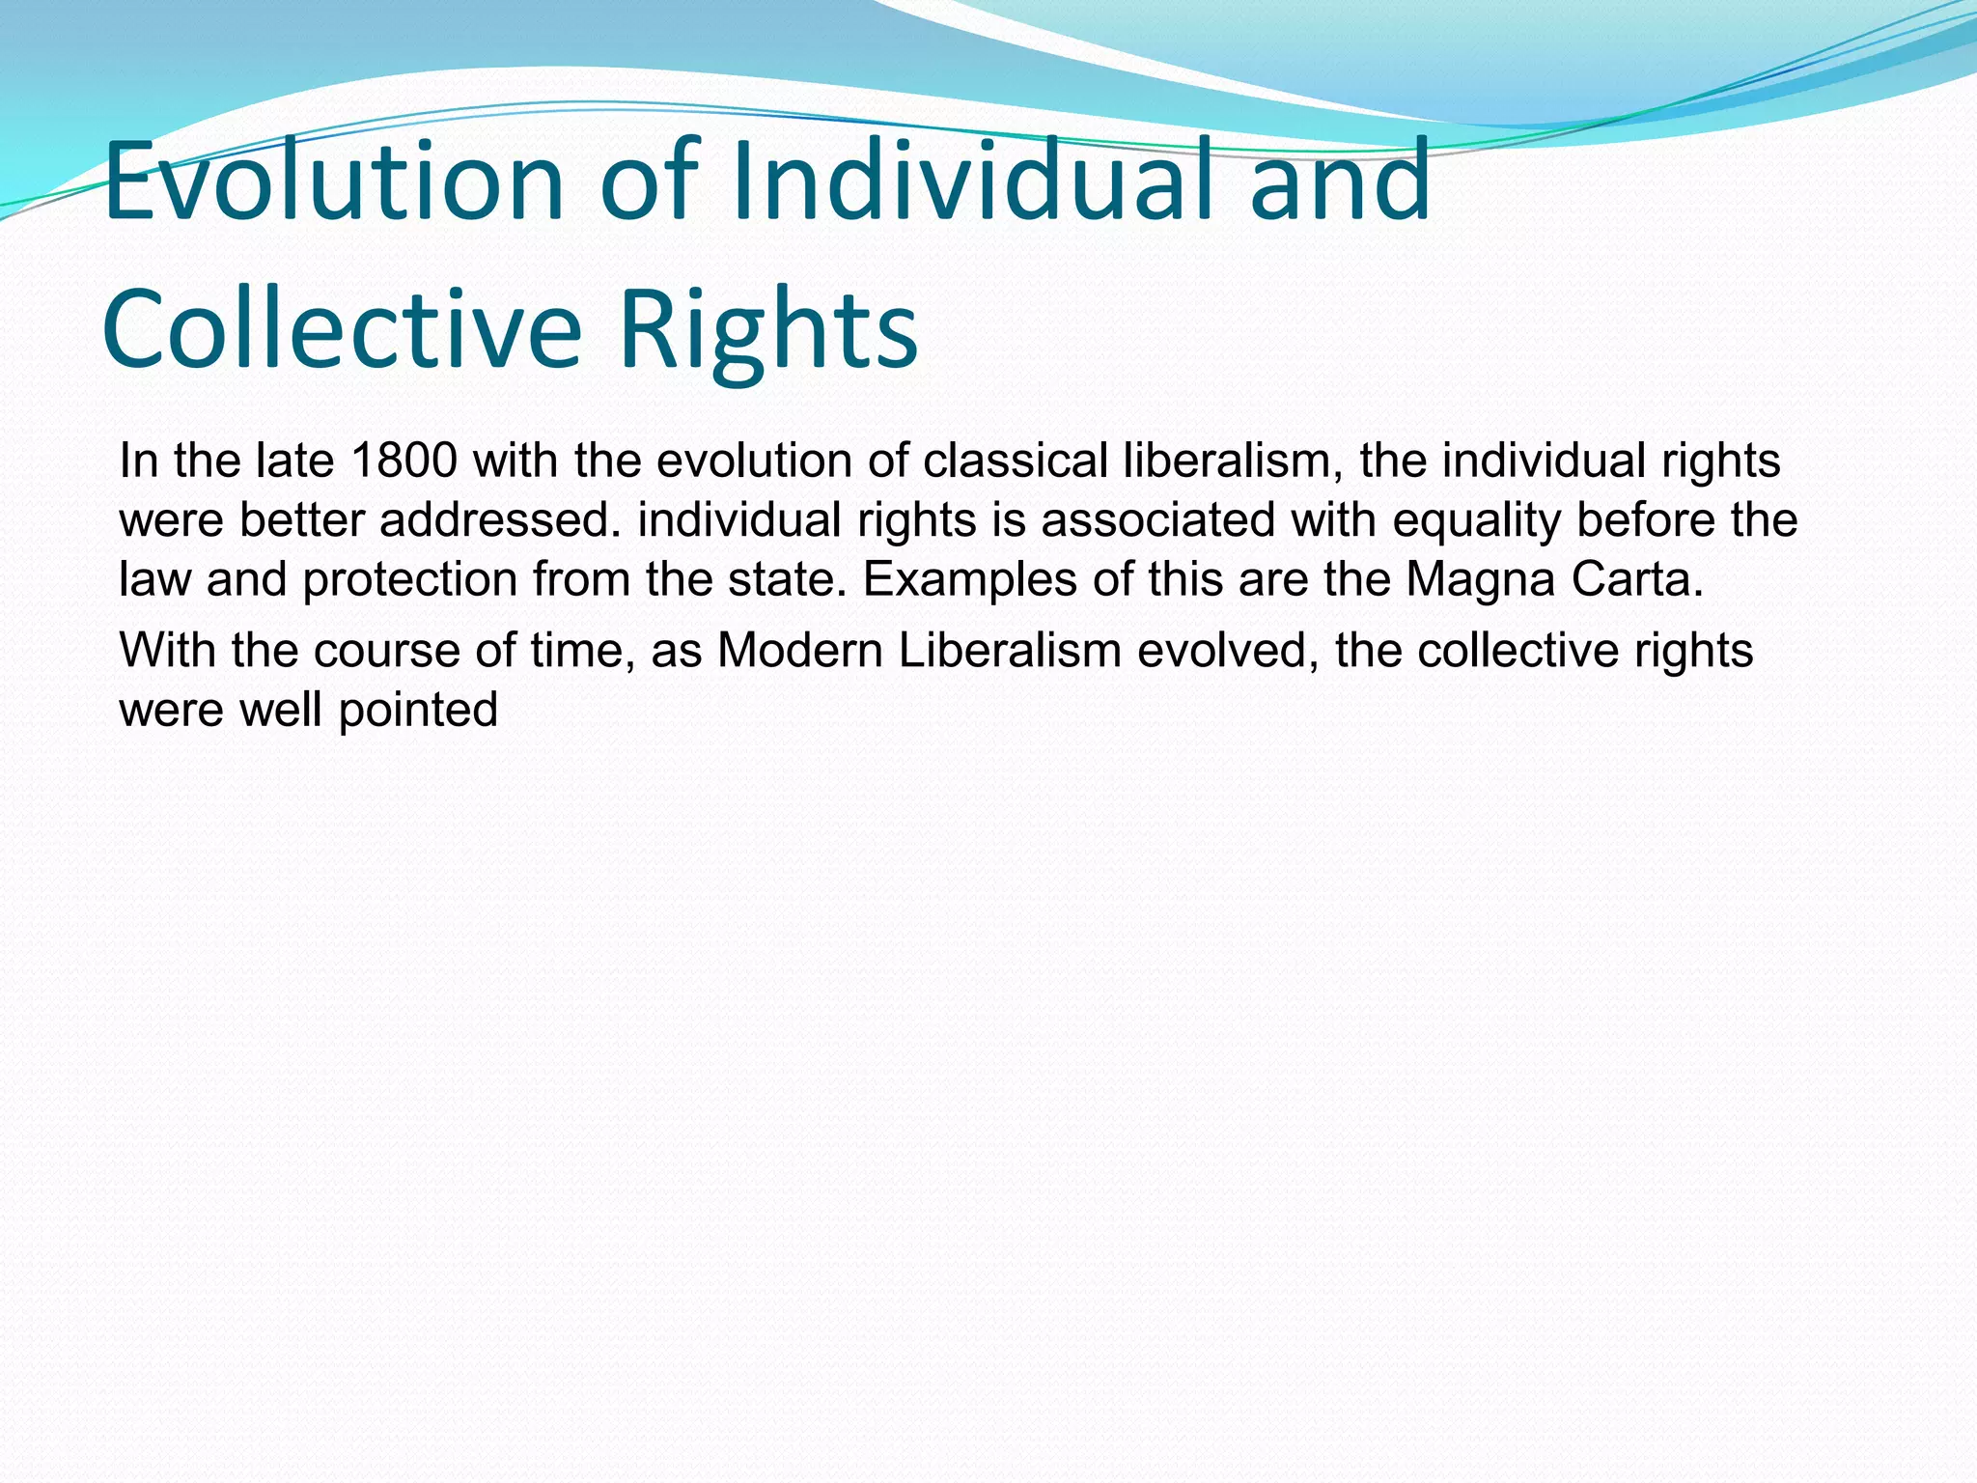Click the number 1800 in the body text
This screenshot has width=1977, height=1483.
coord(404,461)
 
